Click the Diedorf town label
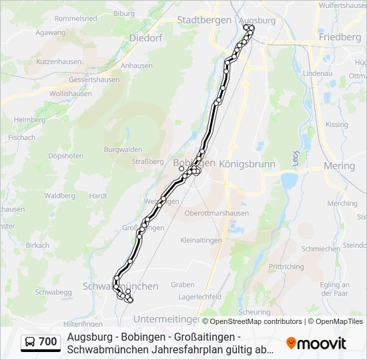click(x=146, y=38)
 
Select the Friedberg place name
click(x=340, y=37)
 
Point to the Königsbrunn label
click(x=247, y=163)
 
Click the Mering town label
click(x=339, y=165)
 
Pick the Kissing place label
click(x=336, y=125)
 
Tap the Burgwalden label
click(x=123, y=150)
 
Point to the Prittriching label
click(x=286, y=266)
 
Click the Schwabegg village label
click(x=53, y=292)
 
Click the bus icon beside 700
click(x=30, y=342)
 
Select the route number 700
click(x=48, y=342)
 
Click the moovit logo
click(x=316, y=343)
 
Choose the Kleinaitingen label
click(x=203, y=240)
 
